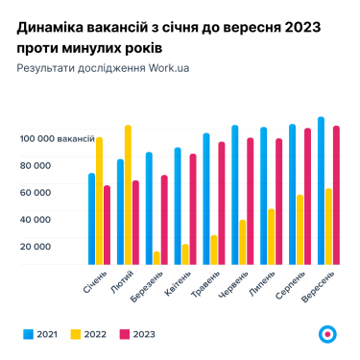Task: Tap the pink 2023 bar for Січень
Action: [x=107, y=225]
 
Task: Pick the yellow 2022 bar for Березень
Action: [x=156, y=257]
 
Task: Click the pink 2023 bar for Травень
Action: [x=221, y=203]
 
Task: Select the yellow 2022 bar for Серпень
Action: [x=300, y=229]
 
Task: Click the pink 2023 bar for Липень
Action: [x=278, y=201]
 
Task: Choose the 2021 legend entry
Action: [x=39, y=333]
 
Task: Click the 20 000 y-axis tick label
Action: [x=35, y=246]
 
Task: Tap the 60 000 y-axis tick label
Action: [x=35, y=192]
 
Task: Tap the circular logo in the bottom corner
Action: [x=327, y=333]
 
